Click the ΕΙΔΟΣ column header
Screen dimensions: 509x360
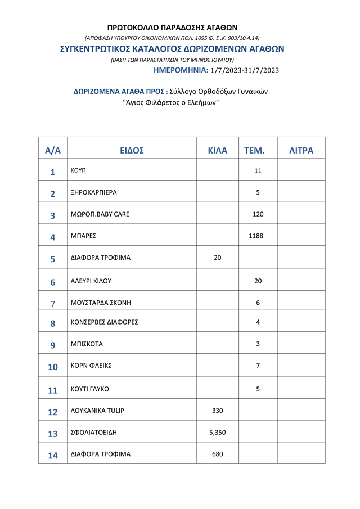tap(132, 151)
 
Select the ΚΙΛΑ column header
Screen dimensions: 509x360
tap(218, 151)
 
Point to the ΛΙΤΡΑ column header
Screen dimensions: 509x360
tap(301, 151)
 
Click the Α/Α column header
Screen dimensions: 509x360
tap(52, 151)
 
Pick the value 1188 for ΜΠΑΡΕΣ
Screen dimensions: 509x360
tap(256, 236)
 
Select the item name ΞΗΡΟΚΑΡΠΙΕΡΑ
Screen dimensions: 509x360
tap(93, 192)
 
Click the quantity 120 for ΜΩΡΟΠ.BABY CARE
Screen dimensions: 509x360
tap(258, 214)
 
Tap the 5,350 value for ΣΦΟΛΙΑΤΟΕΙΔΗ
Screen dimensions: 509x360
tap(218, 433)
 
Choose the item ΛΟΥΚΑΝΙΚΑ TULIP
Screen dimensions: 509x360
tap(97, 411)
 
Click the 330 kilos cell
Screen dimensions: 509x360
tap(218, 411)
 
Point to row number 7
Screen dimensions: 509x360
tap(53, 304)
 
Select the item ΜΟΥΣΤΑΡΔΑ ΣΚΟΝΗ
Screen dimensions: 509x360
tap(101, 303)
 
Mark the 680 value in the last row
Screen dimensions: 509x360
tap(218, 454)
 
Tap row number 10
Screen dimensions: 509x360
tap(53, 367)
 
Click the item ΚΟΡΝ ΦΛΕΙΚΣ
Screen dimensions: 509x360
tap(91, 366)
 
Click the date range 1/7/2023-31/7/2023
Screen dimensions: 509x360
tap(244, 71)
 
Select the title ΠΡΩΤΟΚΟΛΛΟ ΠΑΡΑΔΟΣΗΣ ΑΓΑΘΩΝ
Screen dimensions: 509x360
tap(172, 27)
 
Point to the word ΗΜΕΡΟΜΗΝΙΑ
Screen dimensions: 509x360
tap(180, 71)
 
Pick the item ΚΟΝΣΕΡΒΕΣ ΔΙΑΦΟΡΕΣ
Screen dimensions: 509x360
tap(104, 322)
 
